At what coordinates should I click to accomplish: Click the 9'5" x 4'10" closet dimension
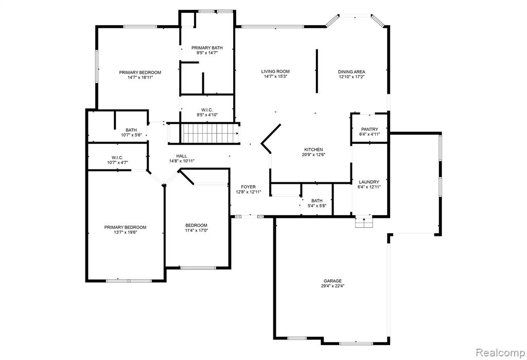point(207,115)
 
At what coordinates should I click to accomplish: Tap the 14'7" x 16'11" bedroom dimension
point(140,77)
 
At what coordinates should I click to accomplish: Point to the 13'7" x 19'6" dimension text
point(126,232)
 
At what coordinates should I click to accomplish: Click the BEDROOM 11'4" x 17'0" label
point(196,228)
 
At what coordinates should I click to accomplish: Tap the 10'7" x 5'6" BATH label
point(131,132)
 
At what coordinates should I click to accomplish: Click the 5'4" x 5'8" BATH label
point(317,203)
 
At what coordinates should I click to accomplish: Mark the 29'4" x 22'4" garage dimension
point(333,286)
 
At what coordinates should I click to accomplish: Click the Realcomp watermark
point(500,353)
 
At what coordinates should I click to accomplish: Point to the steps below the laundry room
point(364,222)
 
